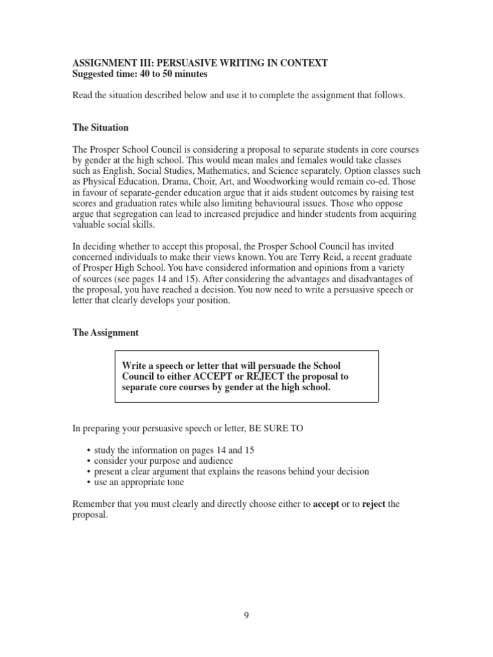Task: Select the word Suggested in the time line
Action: [x=94, y=74]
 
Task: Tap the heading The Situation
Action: [x=101, y=128]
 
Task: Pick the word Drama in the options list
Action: [x=173, y=182]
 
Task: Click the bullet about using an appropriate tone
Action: [x=139, y=482]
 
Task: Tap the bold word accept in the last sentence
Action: [x=326, y=504]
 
